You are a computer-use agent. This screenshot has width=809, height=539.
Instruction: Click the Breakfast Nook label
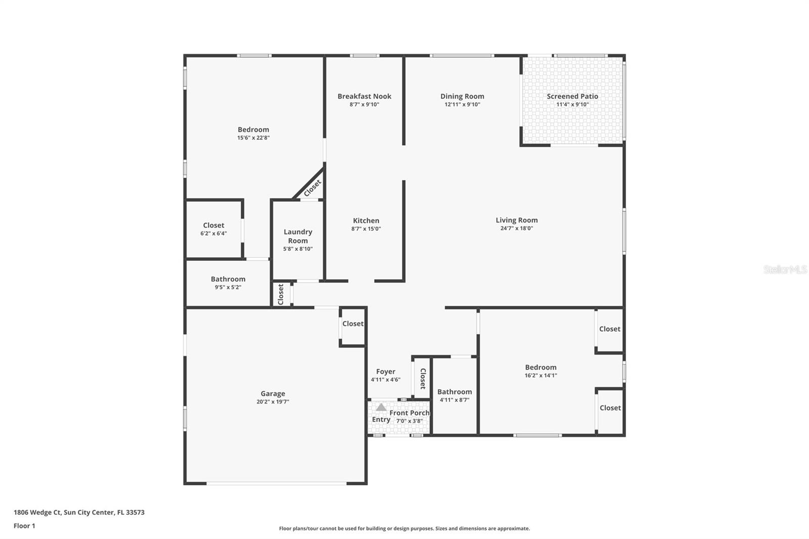click(x=364, y=96)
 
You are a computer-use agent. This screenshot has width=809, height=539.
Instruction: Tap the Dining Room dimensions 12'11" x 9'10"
click(x=462, y=105)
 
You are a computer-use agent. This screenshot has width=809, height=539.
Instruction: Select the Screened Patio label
click(x=572, y=96)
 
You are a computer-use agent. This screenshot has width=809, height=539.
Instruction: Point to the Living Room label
click(x=516, y=220)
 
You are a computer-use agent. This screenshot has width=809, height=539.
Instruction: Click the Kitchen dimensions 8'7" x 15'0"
click(x=366, y=229)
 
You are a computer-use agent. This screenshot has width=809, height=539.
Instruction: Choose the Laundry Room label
click(x=298, y=236)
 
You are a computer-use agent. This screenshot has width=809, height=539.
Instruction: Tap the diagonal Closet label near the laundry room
click(x=312, y=188)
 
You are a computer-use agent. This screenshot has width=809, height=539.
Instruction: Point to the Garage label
click(x=273, y=393)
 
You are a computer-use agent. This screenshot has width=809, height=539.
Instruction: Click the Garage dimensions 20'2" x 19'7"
click(x=273, y=402)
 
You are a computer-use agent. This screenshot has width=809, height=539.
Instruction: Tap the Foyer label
click(x=385, y=372)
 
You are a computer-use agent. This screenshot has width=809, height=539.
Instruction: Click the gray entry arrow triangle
click(x=381, y=407)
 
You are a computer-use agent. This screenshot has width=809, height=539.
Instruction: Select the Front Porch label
click(x=409, y=413)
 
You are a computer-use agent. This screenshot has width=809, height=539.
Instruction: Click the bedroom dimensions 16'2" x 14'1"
click(x=541, y=376)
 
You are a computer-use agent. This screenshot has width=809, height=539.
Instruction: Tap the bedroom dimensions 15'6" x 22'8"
click(x=253, y=138)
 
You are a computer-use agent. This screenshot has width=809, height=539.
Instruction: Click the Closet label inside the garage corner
click(x=352, y=324)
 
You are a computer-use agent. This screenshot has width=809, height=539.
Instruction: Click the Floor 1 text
click(x=24, y=526)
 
